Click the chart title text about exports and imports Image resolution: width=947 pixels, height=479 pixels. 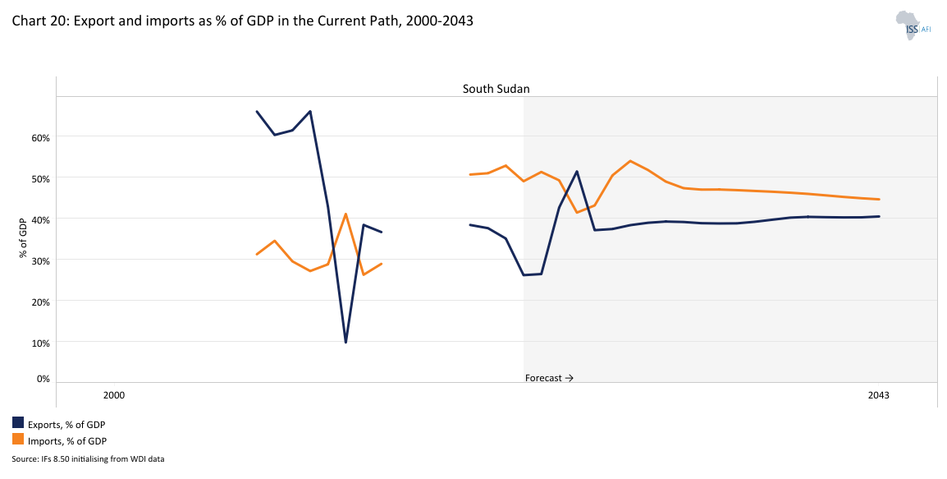pos(243,21)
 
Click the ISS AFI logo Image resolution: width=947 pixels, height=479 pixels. pos(912,25)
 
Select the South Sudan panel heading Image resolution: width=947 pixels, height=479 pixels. pos(496,88)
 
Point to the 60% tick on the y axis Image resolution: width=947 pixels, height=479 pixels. pos(41,137)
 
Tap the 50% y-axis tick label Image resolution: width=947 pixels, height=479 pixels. pos(41,178)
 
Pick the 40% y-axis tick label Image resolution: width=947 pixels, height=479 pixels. pos(41,219)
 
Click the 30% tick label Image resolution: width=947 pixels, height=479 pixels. pos(41,260)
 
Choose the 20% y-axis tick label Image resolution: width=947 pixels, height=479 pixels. pos(41,302)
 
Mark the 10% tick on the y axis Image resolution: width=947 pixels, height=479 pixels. pos(41,343)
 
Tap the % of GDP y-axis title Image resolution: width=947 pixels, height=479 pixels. pos(25,237)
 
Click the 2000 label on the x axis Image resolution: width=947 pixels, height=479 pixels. pos(114,395)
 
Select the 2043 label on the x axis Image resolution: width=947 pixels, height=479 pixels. pos(878,395)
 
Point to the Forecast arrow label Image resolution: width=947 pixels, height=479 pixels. pos(549,378)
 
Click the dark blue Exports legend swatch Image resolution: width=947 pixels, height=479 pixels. pos(18,423)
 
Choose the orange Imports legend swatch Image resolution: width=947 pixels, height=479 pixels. pos(18,440)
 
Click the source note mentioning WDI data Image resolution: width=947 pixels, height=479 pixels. pos(88,458)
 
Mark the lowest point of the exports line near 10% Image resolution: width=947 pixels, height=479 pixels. pos(345,342)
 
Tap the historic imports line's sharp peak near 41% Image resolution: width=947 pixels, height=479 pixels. pos(346,214)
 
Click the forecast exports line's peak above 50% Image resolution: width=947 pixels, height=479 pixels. pos(577,171)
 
